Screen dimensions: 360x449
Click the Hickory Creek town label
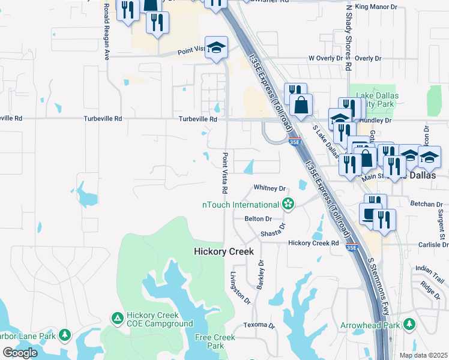[224, 251]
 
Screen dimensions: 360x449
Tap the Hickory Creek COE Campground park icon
[117, 316]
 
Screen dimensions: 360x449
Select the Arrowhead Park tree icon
[410, 325]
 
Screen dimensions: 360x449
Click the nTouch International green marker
[289, 205]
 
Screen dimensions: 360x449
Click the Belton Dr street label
[258, 219]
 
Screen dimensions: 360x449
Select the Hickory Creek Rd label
[313, 243]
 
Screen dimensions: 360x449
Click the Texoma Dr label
[258, 326]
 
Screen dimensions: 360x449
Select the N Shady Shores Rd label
[348, 36]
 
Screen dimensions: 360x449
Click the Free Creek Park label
[209, 341]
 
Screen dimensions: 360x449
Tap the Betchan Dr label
[426, 204]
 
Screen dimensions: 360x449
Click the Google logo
[20, 353]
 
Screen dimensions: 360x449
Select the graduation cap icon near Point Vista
[217, 48]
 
